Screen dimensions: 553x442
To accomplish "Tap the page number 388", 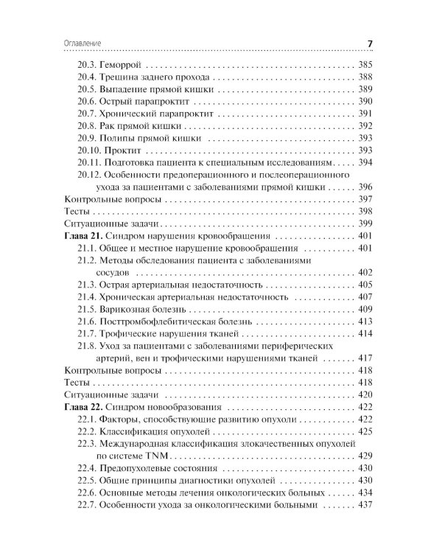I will pyautogui.click(x=365, y=77).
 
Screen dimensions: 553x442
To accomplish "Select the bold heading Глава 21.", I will pyautogui.click(x=83, y=237).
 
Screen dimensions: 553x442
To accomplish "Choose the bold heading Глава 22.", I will pyautogui.click(x=83, y=406).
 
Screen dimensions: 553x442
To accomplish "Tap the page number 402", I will pyautogui.click(x=365, y=273).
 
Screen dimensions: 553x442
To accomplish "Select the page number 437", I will pyautogui.click(x=365, y=505).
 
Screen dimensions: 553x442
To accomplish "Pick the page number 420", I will pyautogui.click(x=365, y=394).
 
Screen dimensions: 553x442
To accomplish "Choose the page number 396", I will pyautogui.click(x=365, y=187).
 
